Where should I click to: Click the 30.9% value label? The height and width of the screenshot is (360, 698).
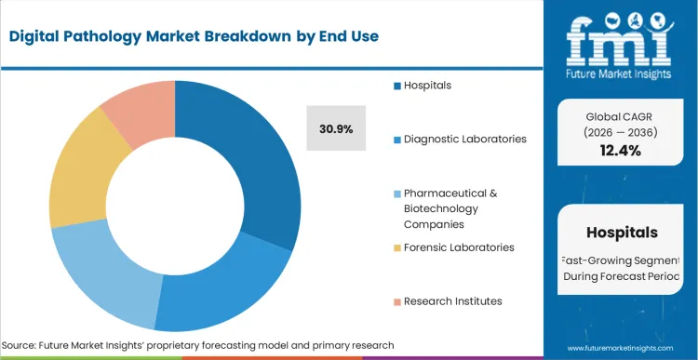(x=336, y=129)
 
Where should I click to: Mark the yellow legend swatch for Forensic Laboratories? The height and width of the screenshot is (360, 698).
(x=396, y=247)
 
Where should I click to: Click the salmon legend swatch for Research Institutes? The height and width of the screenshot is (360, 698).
(x=396, y=300)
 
